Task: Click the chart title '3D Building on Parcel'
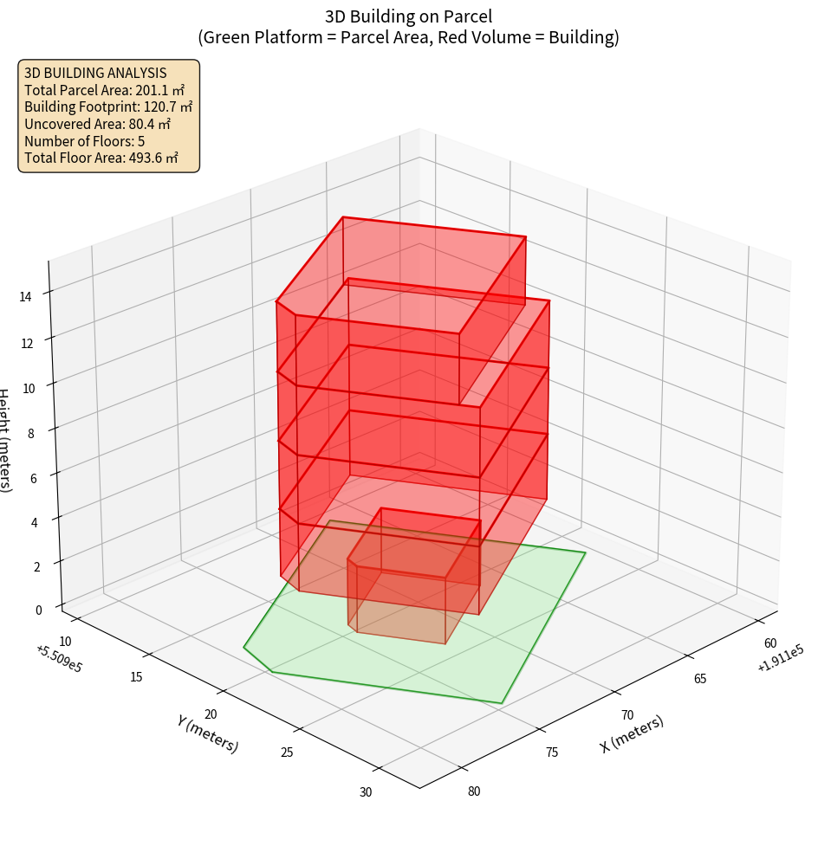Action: (408, 16)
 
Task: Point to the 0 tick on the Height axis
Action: (38, 610)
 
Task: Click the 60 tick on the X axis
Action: (770, 643)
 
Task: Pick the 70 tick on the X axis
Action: (627, 715)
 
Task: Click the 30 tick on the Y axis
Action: (365, 792)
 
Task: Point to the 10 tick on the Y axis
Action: (66, 641)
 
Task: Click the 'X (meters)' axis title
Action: (632, 733)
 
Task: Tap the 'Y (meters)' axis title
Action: (207, 733)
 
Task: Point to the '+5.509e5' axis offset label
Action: (59, 659)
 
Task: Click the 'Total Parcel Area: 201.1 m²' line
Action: (105, 90)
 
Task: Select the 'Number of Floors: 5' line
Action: (84, 141)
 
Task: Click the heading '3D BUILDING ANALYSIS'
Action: (95, 73)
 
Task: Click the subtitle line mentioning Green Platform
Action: (408, 37)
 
